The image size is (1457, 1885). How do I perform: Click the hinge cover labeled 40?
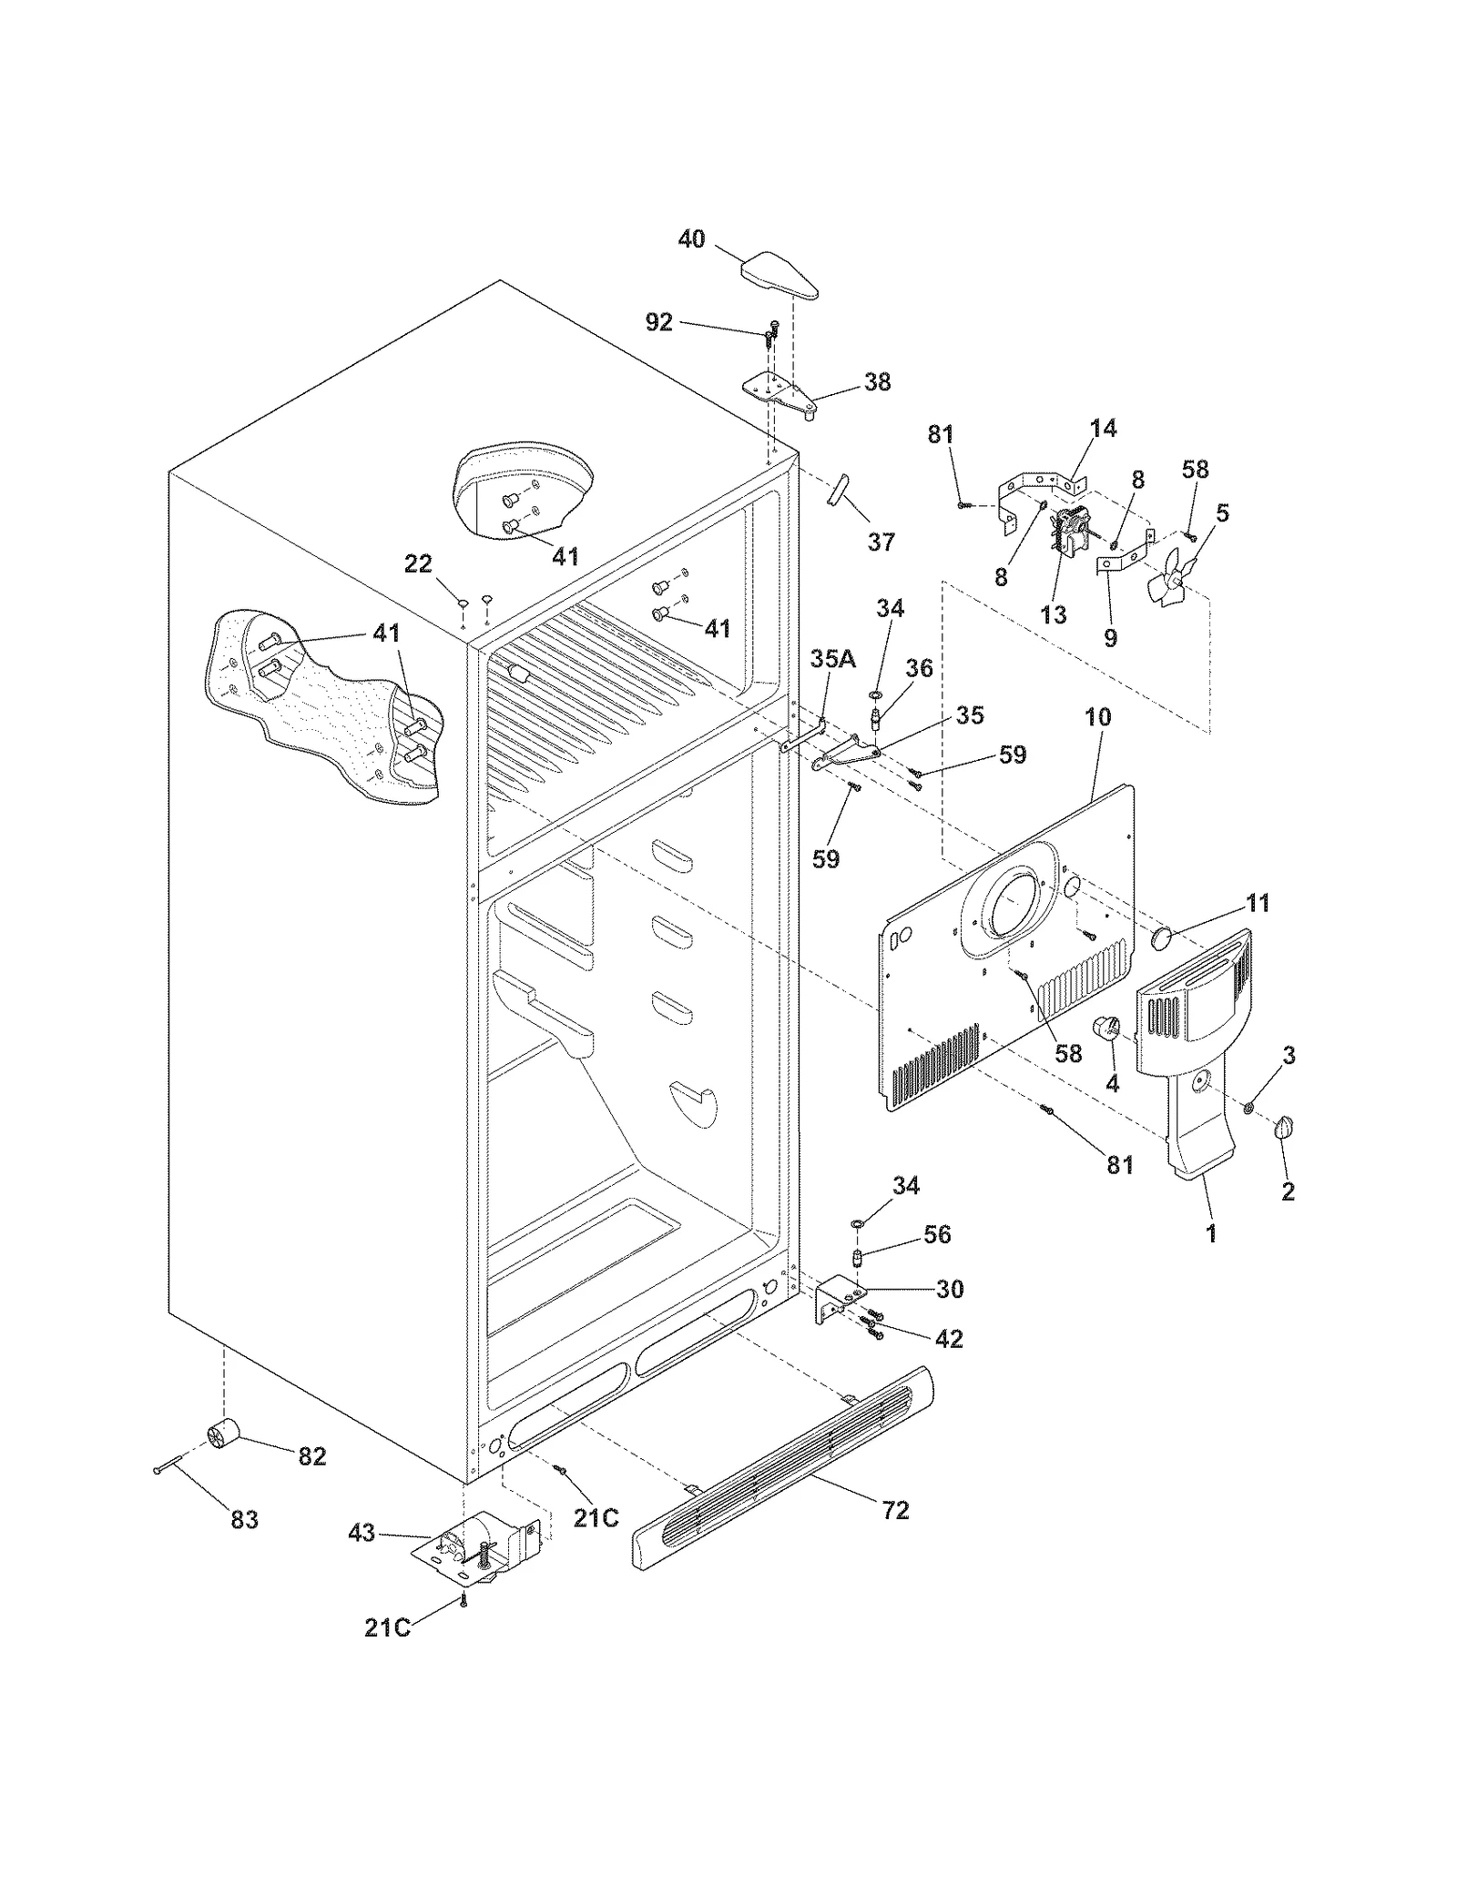779,277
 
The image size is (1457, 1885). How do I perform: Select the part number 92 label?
658,322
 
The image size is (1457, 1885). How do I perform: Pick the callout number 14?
1103,428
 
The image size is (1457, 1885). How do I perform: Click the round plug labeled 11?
1161,938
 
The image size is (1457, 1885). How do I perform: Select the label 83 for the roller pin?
244,1519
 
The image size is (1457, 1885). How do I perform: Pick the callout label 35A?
832,659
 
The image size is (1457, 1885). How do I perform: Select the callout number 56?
937,1234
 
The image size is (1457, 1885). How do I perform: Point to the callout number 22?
418,564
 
